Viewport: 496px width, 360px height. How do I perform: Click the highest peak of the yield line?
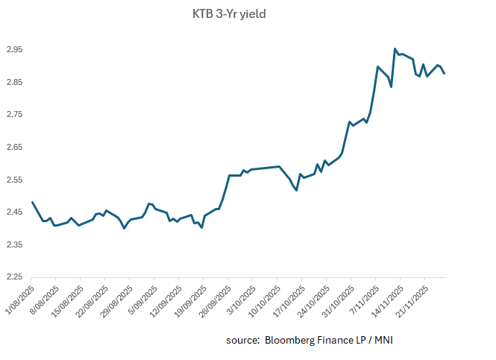pos(395,49)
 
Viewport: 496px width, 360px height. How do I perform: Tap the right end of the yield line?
pos(445,73)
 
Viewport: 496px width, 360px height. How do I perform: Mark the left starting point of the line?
pos(32,202)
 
